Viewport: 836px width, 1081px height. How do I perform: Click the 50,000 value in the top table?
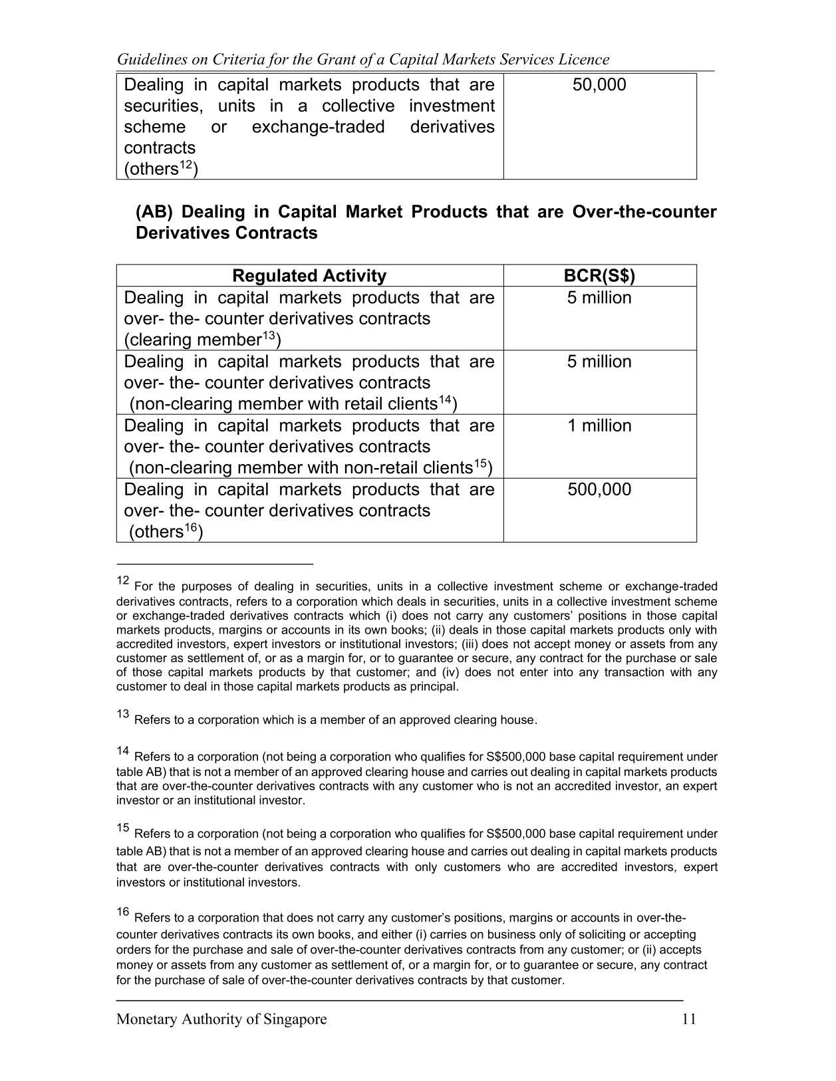point(599,85)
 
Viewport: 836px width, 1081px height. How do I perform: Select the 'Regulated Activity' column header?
point(309,276)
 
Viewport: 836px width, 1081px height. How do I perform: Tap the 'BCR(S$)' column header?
point(599,276)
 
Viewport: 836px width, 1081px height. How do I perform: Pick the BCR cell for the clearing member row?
point(599,298)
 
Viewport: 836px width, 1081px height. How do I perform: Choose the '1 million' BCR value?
point(599,425)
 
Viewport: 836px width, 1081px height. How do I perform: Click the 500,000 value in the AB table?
point(599,490)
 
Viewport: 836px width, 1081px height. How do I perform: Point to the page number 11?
point(689,1019)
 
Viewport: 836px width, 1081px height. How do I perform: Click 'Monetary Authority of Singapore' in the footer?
point(221,1019)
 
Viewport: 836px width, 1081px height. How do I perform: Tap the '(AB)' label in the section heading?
point(154,212)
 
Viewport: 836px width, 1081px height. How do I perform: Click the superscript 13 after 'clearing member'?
point(268,336)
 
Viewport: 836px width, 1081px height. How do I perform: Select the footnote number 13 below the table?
point(122,714)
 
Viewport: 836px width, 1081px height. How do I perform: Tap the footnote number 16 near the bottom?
point(122,912)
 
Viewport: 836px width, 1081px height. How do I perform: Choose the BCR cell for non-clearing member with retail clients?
point(599,362)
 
